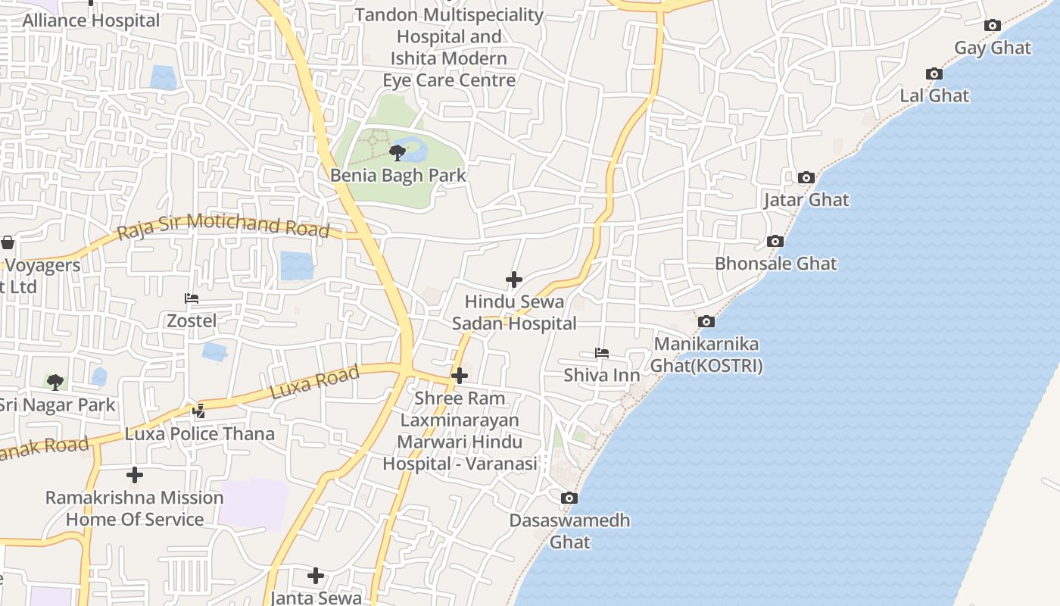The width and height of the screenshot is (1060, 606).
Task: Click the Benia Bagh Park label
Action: click(397, 175)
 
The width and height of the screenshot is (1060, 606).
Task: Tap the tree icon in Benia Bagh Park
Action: click(397, 153)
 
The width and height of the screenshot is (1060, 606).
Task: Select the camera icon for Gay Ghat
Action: click(992, 26)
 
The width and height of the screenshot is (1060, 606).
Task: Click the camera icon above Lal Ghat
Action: click(934, 73)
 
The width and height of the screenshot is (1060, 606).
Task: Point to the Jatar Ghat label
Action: click(806, 200)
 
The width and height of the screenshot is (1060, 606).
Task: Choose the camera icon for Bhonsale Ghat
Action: click(775, 242)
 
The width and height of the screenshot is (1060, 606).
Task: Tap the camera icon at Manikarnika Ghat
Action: click(706, 321)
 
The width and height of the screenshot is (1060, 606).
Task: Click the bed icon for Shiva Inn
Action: click(602, 353)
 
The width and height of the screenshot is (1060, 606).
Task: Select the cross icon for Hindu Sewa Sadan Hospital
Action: click(514, 280)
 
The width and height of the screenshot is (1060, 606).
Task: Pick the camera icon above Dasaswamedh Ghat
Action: click(569, 498)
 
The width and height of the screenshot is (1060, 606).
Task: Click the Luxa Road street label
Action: click(314, 383)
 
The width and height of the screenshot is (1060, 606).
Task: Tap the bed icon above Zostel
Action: click(192, 298)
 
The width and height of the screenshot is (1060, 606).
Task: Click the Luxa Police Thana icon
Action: click(198, 411)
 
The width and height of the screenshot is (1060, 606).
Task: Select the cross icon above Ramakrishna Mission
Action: click(135, 475)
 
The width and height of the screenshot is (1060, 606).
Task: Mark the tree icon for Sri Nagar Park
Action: click(55, 382)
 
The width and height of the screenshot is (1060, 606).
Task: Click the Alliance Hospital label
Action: click(91, 20)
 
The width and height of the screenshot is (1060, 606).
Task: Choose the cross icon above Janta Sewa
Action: click(316, 576)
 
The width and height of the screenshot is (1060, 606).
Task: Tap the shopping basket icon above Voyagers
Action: click(8, 242)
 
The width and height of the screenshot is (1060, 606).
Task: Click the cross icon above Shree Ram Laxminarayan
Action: click(460, 376)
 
